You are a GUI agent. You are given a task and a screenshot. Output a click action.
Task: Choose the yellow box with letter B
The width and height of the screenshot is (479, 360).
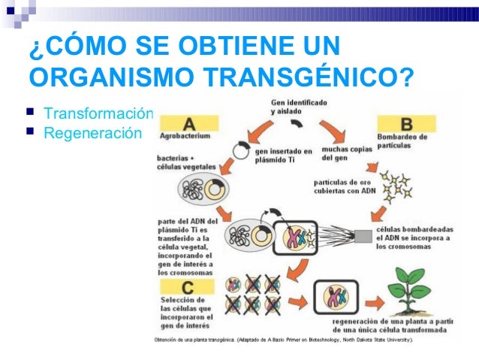tap(405, 122)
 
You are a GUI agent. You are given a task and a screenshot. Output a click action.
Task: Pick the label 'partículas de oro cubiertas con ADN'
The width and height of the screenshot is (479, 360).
tap(345, 185)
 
